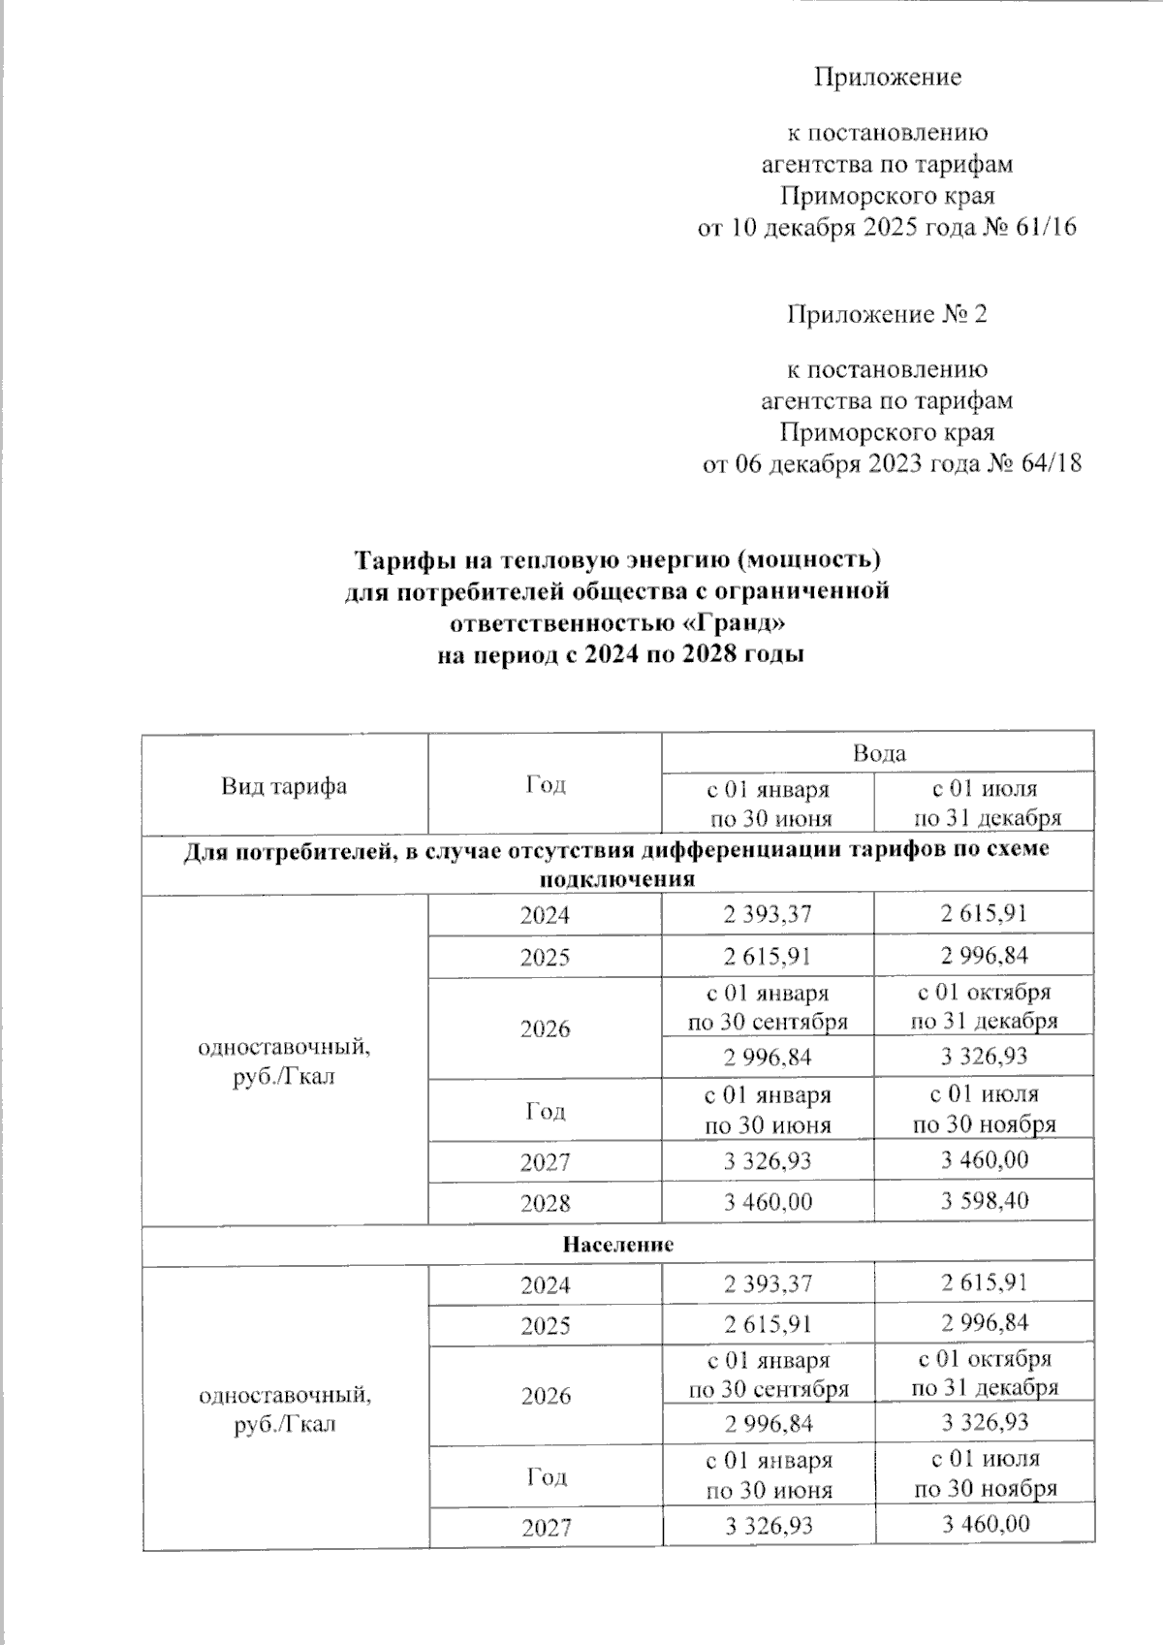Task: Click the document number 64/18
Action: tap(1048, 464)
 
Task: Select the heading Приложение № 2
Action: tap(886, 315)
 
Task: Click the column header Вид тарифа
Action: tap(284, 786)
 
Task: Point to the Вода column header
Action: tap(878, 753)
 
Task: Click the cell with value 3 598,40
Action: tap(984, 1202)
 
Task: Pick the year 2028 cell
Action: tap(545, 1203)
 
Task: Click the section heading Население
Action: tap(618, 1244)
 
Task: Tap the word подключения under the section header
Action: tap(618, 880)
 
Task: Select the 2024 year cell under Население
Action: tap(545, 1285)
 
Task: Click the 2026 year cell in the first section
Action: tap(545, 1028)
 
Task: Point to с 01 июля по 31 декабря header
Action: tap(984, 804)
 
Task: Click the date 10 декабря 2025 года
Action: tap(834, 229)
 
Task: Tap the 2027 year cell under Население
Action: tap(546, 1529)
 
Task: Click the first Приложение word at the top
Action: tap(886, 78)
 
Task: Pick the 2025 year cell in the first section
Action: tap(545, 958)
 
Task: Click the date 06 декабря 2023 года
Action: tap(841, 464)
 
